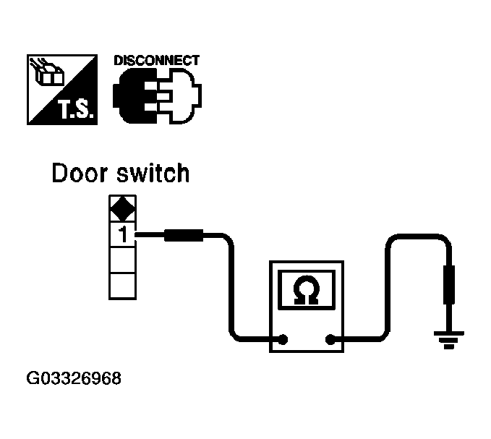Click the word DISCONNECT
(x=156, y=61)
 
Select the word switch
(x=155, y=174)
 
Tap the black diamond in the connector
(x=121, y=209)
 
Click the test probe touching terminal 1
(x=185, y=234)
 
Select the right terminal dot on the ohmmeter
(x=330, y=338)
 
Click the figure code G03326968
(x=74, y=378)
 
